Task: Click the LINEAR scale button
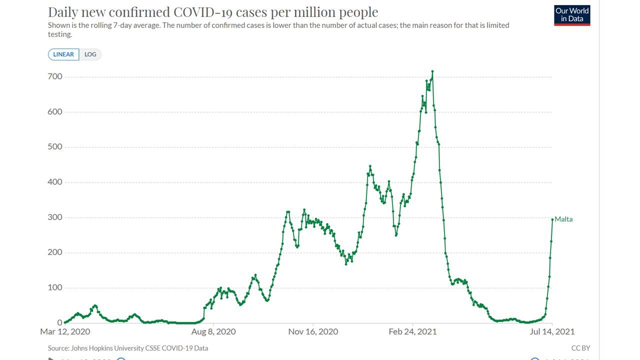pos(63,54)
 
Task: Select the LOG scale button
pos(90,54)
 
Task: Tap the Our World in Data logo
pos(572,15)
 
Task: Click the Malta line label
pos(563,219)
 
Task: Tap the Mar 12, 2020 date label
pos(65,331)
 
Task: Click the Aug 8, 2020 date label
pos(214,331)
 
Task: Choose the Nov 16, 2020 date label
pos(313,331)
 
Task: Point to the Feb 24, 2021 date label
pos(412,331)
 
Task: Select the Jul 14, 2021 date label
pos(552,331)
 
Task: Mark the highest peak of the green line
pos(432,71)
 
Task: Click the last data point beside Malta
pos(552,219)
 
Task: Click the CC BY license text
pos(580,348)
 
